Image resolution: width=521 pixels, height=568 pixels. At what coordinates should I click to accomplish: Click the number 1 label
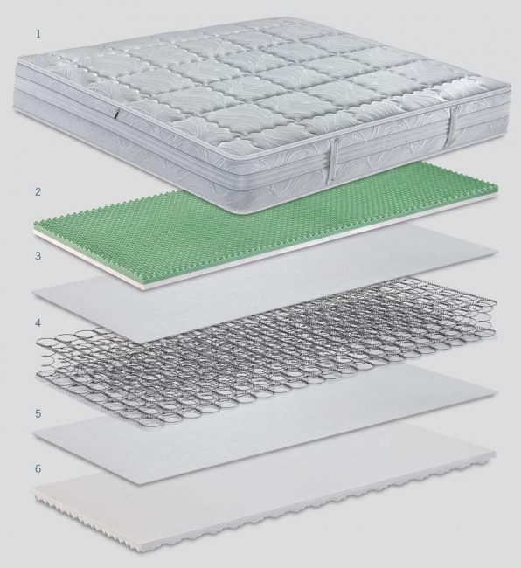(x=38, y=34)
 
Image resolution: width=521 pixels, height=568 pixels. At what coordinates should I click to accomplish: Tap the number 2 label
(x=38, y=191)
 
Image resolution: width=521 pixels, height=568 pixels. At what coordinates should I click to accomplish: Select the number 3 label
(x=38, y=256)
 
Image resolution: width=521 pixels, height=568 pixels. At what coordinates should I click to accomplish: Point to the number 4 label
(x=38, y=322)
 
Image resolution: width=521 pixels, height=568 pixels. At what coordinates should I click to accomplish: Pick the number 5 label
(x=38, y=413)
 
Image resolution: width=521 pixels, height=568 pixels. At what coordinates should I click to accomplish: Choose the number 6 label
(x=38, y=468)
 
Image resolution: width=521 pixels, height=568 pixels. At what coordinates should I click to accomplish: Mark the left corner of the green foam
(x=35, y=231)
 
